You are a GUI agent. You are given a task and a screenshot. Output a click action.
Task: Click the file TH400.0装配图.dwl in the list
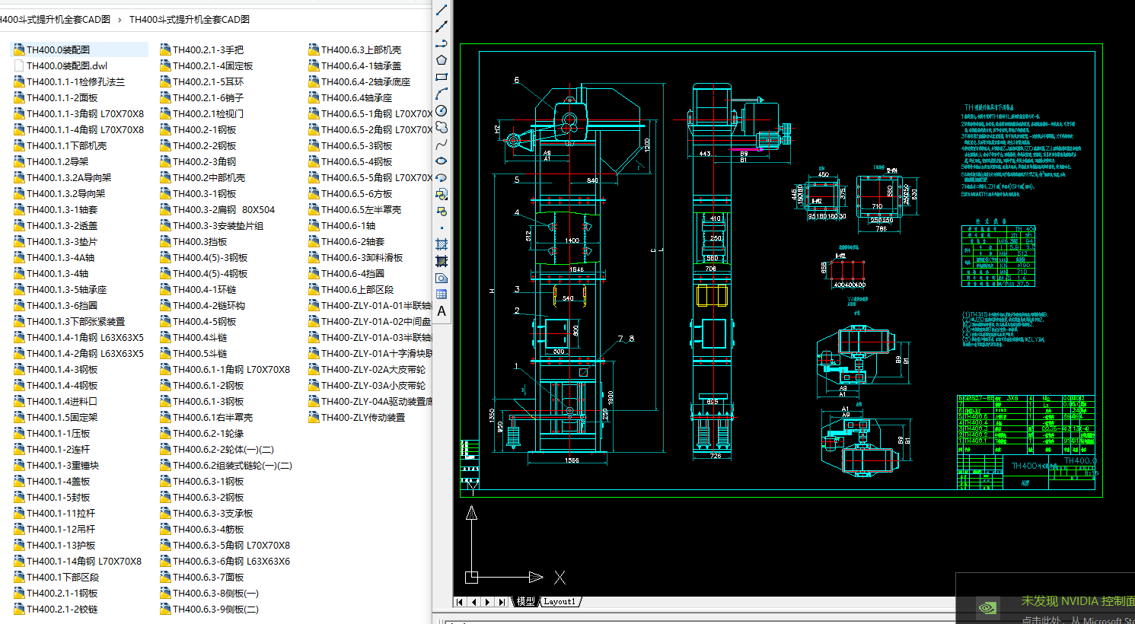[66, 66]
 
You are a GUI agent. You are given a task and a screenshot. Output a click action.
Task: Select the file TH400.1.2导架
[57, 162]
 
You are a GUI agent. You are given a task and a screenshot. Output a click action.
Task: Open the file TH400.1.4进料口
[62, 402]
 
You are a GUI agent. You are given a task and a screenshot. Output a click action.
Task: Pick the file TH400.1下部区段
[62, 578]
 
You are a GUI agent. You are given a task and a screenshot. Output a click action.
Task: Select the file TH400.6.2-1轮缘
[208, 434]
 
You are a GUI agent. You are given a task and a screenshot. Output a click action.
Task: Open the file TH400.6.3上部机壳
[361, 50]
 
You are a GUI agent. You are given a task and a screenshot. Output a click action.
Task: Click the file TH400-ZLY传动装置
[362, 418]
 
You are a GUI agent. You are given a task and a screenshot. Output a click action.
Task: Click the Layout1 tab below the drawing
[560, 602]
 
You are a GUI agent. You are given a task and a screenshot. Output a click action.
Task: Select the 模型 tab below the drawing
[525, 602]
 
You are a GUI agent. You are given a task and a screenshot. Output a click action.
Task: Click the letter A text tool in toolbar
[442, 311]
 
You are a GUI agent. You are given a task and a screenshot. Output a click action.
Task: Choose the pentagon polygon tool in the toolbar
[442, 60]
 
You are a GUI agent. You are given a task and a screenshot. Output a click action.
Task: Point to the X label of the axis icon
[560, 578]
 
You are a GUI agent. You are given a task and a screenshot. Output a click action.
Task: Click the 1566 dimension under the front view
[572, 460]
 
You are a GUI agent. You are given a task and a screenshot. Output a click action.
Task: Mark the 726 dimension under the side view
[716, 456]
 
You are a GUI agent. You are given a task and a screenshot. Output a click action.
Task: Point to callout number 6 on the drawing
[517, 80]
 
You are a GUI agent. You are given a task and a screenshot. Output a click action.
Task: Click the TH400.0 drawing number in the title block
[1080, 461]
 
